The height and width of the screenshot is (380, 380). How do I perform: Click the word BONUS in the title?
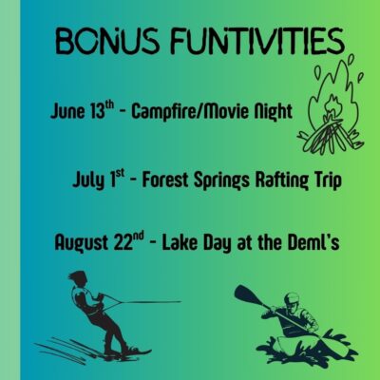tap(106, 41)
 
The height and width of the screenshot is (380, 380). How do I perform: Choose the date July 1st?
tap(99, 179)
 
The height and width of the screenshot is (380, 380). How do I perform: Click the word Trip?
tap(328, 181)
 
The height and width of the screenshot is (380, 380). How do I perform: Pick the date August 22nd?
tap(99, 242)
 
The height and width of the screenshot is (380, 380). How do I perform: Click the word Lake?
tap(180, 242)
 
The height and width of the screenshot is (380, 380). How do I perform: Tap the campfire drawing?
tap(330, 104)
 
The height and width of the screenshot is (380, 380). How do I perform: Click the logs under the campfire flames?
tap(330, 136)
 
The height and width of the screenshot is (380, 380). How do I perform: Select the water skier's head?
tap(77, 278)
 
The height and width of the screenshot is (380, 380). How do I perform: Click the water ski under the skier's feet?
tap(126, 353)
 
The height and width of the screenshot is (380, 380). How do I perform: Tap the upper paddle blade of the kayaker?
tap(246, 294)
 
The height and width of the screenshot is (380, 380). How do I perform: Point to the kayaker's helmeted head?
tap(292, 301)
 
